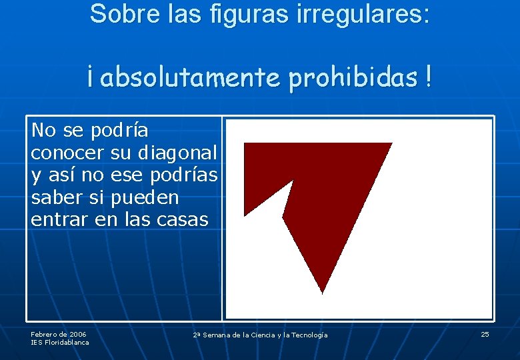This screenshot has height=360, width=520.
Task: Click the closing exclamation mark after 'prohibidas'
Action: point(426,78)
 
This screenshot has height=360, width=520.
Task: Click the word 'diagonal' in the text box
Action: point(177,153)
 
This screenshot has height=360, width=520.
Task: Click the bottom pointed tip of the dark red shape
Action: point(322,291)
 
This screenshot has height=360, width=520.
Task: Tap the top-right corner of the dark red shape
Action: point(390,144)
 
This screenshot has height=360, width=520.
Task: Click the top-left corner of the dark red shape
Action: point(246,145)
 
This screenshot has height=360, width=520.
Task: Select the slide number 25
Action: point(485,334)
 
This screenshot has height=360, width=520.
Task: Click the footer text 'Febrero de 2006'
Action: point(58,334)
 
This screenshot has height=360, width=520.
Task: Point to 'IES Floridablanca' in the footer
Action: point(59,343)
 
